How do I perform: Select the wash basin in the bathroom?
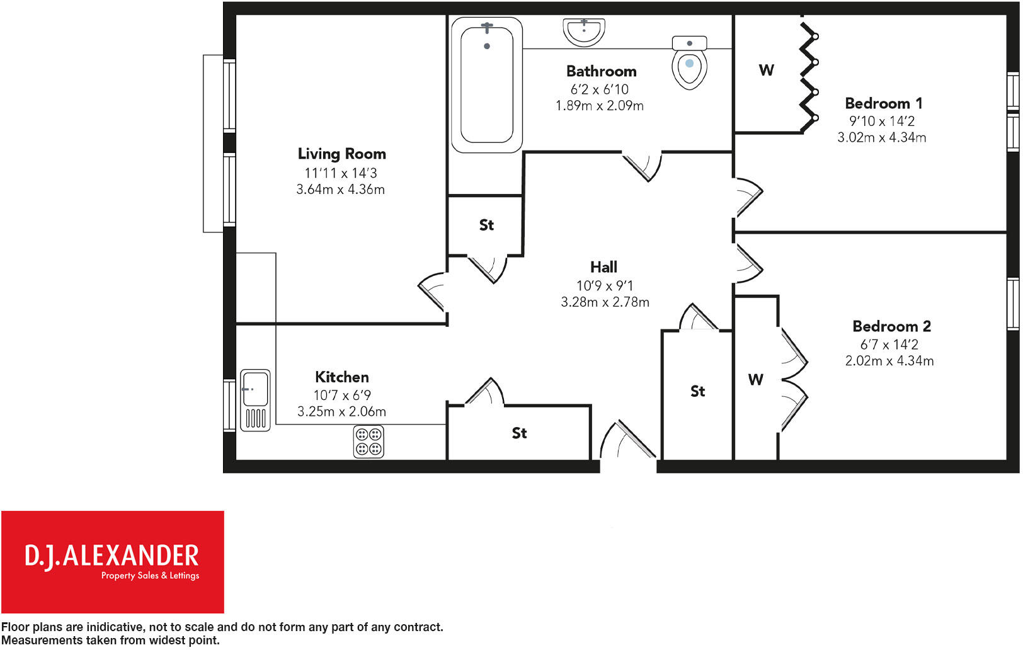tap(584, 31)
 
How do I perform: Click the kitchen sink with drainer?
tap(255, 400)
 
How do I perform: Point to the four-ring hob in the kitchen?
tap(369, 441)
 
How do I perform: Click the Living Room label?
tap(341, 154)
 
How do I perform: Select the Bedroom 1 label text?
tap(883, 103)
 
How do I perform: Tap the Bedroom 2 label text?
tap(891, 326)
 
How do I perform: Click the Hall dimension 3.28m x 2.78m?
tap(605, 302)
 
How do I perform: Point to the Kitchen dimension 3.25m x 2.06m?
tap(341, 412)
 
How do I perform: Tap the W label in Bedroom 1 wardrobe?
tap(766, 70)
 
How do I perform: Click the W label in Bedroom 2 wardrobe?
tap(755, 380)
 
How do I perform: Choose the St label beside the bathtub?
tap(486, 225)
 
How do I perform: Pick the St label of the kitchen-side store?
tap(519, 433)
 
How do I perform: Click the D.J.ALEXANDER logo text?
tap(112, 556)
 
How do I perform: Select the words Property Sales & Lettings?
tap(150, 576)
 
